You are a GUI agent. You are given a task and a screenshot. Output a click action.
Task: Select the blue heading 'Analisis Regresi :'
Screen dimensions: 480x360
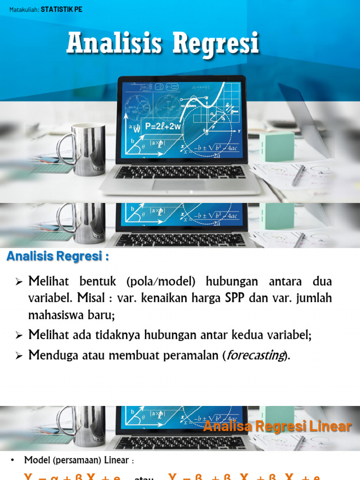tap(57, 257)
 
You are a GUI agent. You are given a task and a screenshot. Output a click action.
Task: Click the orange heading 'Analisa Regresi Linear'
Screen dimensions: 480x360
tap(277, 426)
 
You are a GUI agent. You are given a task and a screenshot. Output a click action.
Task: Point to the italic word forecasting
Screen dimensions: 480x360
tap(255, 355)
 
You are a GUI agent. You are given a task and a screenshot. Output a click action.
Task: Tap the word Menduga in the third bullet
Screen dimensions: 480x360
tap(49, 355)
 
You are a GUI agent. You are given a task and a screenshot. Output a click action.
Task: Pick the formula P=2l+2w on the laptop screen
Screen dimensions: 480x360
tap(163, 126)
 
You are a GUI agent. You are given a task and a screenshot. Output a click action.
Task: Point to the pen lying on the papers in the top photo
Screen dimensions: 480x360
tap(299, 175)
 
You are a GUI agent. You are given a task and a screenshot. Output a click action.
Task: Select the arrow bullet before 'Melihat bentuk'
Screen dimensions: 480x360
tap(19, 282)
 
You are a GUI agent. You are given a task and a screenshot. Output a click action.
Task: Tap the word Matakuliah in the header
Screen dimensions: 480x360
tap(24, 9)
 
